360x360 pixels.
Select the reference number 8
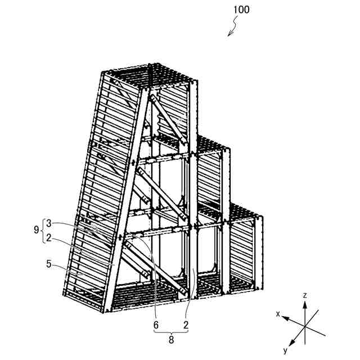coord(171,340)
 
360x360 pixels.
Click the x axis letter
coord(277,313)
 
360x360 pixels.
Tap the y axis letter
coord(285,350)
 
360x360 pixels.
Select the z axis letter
coord(304,295)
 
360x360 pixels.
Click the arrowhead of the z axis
coord(304,304)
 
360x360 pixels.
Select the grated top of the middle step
coord(211,143)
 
